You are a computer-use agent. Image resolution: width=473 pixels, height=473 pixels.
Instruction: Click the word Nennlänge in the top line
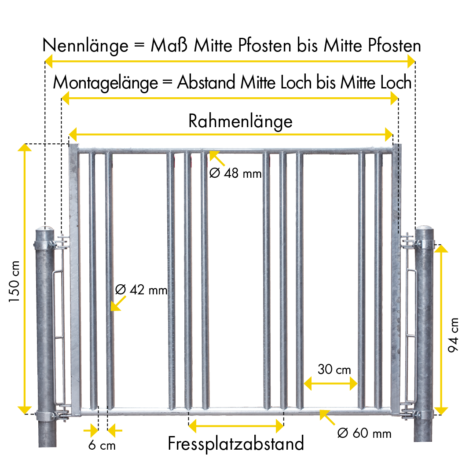[85, 46]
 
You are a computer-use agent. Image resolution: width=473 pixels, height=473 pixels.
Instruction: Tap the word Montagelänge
[106, 83]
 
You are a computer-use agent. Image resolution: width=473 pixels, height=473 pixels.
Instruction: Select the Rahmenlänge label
[240, 121]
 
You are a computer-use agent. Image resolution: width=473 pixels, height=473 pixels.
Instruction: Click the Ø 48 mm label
[235, 173]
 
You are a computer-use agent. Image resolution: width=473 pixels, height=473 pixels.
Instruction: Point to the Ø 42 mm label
[141, 290]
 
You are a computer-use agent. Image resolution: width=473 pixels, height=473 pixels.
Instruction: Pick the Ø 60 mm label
[364, 433]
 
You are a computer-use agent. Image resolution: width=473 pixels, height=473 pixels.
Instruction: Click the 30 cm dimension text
[334, 369]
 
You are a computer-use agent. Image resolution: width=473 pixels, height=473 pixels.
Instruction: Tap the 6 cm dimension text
[102, 445]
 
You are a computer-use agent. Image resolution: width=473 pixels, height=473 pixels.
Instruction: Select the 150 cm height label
[14, 281]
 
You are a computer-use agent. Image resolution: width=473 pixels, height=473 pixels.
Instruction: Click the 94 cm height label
[453, 335]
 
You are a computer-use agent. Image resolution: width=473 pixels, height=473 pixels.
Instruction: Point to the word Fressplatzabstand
[236, 444]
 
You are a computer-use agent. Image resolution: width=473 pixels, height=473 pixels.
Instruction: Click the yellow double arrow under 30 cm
[330, 384]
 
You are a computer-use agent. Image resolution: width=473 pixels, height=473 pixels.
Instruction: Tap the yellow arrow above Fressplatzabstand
[236, 426]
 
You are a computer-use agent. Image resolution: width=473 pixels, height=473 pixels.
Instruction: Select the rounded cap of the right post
[424, 227]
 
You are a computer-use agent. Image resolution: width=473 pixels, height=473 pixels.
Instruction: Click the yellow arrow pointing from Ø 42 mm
[118, 304]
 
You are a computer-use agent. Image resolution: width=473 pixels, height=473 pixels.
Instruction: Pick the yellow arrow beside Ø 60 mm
[327, 418]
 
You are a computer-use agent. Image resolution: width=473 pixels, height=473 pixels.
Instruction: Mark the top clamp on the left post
[45, 244]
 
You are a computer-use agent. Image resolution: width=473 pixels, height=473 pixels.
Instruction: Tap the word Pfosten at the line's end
[394, 46]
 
